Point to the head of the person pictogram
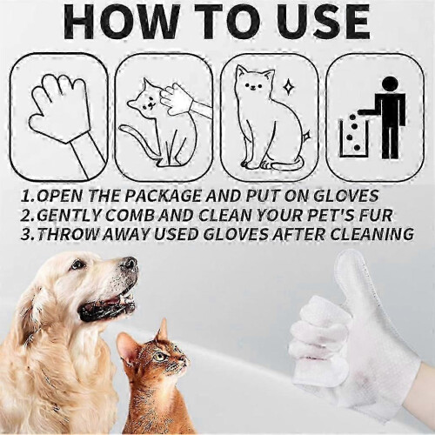388,84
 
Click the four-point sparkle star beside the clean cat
288,86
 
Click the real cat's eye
158,356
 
